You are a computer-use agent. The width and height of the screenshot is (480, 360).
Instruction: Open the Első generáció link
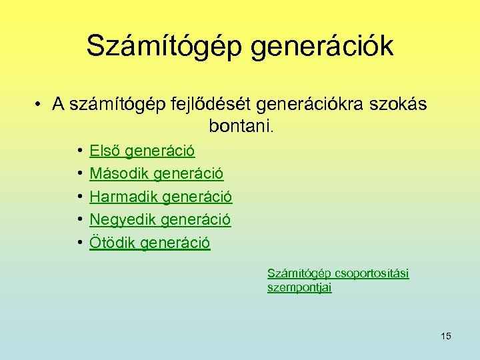(x=142, y=151)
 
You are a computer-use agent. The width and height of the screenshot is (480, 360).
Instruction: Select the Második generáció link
(x=157, y=174)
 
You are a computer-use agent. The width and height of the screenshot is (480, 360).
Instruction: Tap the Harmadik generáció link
(x=161, y=197)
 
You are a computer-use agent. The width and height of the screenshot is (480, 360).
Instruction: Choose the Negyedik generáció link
(x=160, y=219)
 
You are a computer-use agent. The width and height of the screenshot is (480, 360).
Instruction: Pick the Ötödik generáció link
(x=150, y=243)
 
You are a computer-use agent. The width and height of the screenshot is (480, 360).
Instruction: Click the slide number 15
(x=446, y=336)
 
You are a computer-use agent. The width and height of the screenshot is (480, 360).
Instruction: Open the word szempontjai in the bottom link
(x=299, y=287)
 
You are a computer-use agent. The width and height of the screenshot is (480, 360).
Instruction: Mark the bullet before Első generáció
(x=79, y=152)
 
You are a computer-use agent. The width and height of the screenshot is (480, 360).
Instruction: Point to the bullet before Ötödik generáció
(x=79, y=243)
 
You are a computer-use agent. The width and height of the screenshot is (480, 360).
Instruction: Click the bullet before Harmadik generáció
(x=79, y=197)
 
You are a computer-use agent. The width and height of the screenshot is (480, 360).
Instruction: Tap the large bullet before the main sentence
(x=40, y=104)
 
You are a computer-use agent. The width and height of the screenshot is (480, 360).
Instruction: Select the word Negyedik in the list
(x=122, y=219)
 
